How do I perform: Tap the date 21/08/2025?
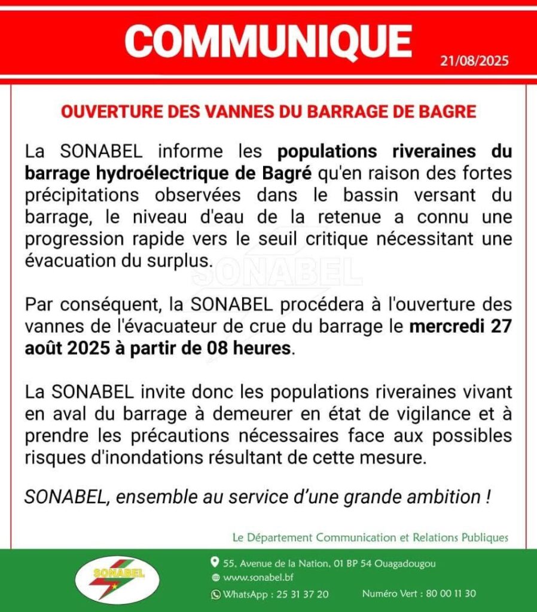click(x=474, y=62)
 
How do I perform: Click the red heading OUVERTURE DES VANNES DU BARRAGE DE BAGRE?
click(x=268, y=112)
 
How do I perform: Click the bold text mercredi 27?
click(x=460, y=327)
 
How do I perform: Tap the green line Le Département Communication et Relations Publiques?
click(x=370, y=538)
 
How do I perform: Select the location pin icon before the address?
click(x=215, y=562)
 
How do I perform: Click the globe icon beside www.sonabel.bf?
click(x=215, y=578)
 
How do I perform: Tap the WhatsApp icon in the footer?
click(x=215, y=594)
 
